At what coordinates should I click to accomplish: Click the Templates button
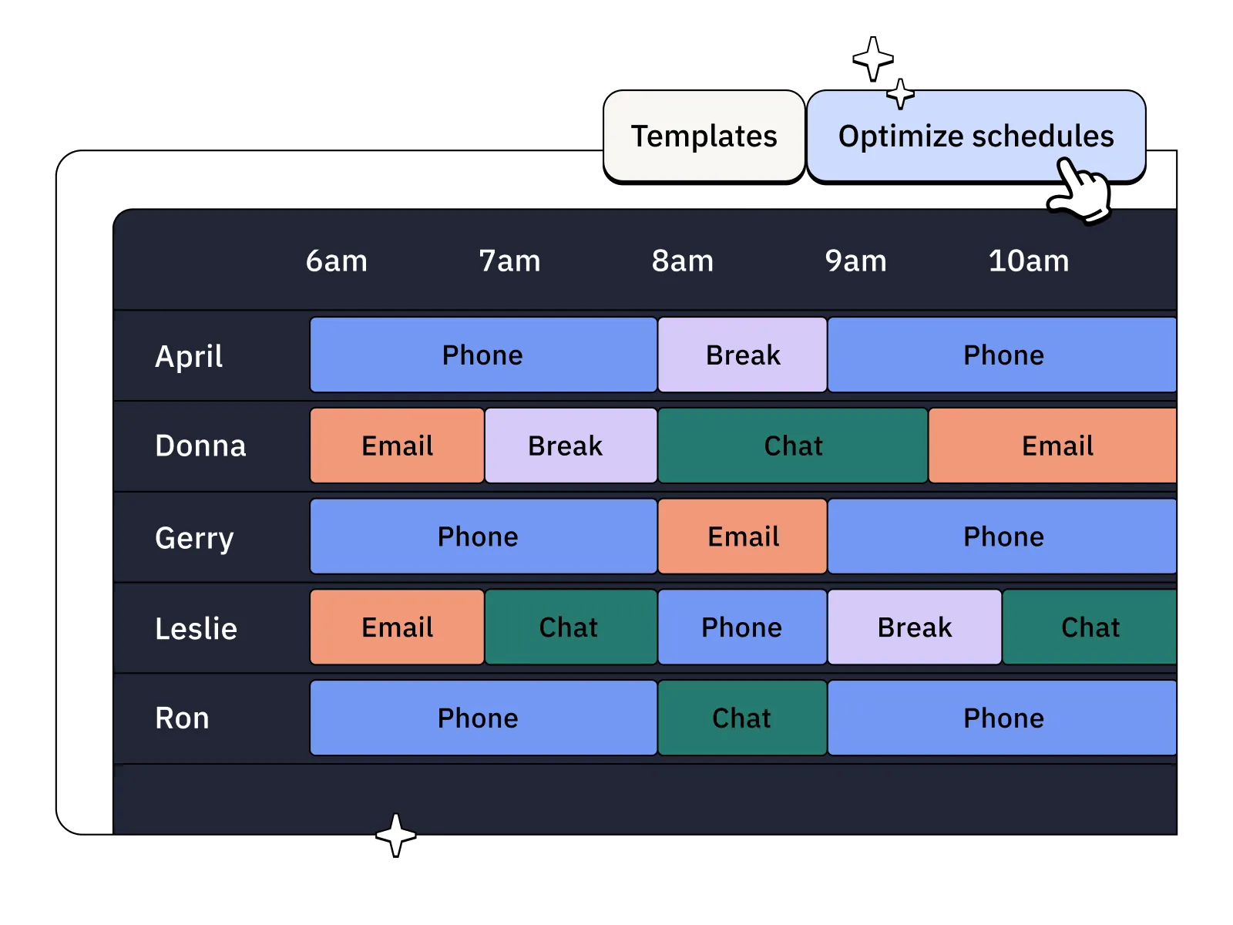tap(704, 136)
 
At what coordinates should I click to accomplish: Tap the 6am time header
tap(336, 261)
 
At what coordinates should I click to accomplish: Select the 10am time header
tap(1028, 261)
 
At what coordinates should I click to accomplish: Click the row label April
tap(189, 356)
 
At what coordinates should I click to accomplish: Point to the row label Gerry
tap(194, 538)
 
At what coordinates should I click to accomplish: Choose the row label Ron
tap(182, 718)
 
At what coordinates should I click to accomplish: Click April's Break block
tap(742, 355)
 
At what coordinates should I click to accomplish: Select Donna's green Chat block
tap(792, 446)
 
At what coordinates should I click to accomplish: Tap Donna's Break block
tap(570, 446)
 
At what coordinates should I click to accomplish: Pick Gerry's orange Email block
tap(742, 536)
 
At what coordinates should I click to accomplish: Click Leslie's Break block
tap(914, 627)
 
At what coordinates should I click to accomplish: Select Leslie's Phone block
tap(741, 627)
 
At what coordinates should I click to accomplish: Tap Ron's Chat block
tap(741, 718)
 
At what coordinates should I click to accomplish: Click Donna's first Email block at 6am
tap(397, 446)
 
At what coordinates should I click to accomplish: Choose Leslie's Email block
tap(397, 627)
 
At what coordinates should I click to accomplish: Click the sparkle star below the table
tap(396, 835)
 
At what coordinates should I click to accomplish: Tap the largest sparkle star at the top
tap(872, 58)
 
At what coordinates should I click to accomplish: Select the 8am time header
tap(682, 261)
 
